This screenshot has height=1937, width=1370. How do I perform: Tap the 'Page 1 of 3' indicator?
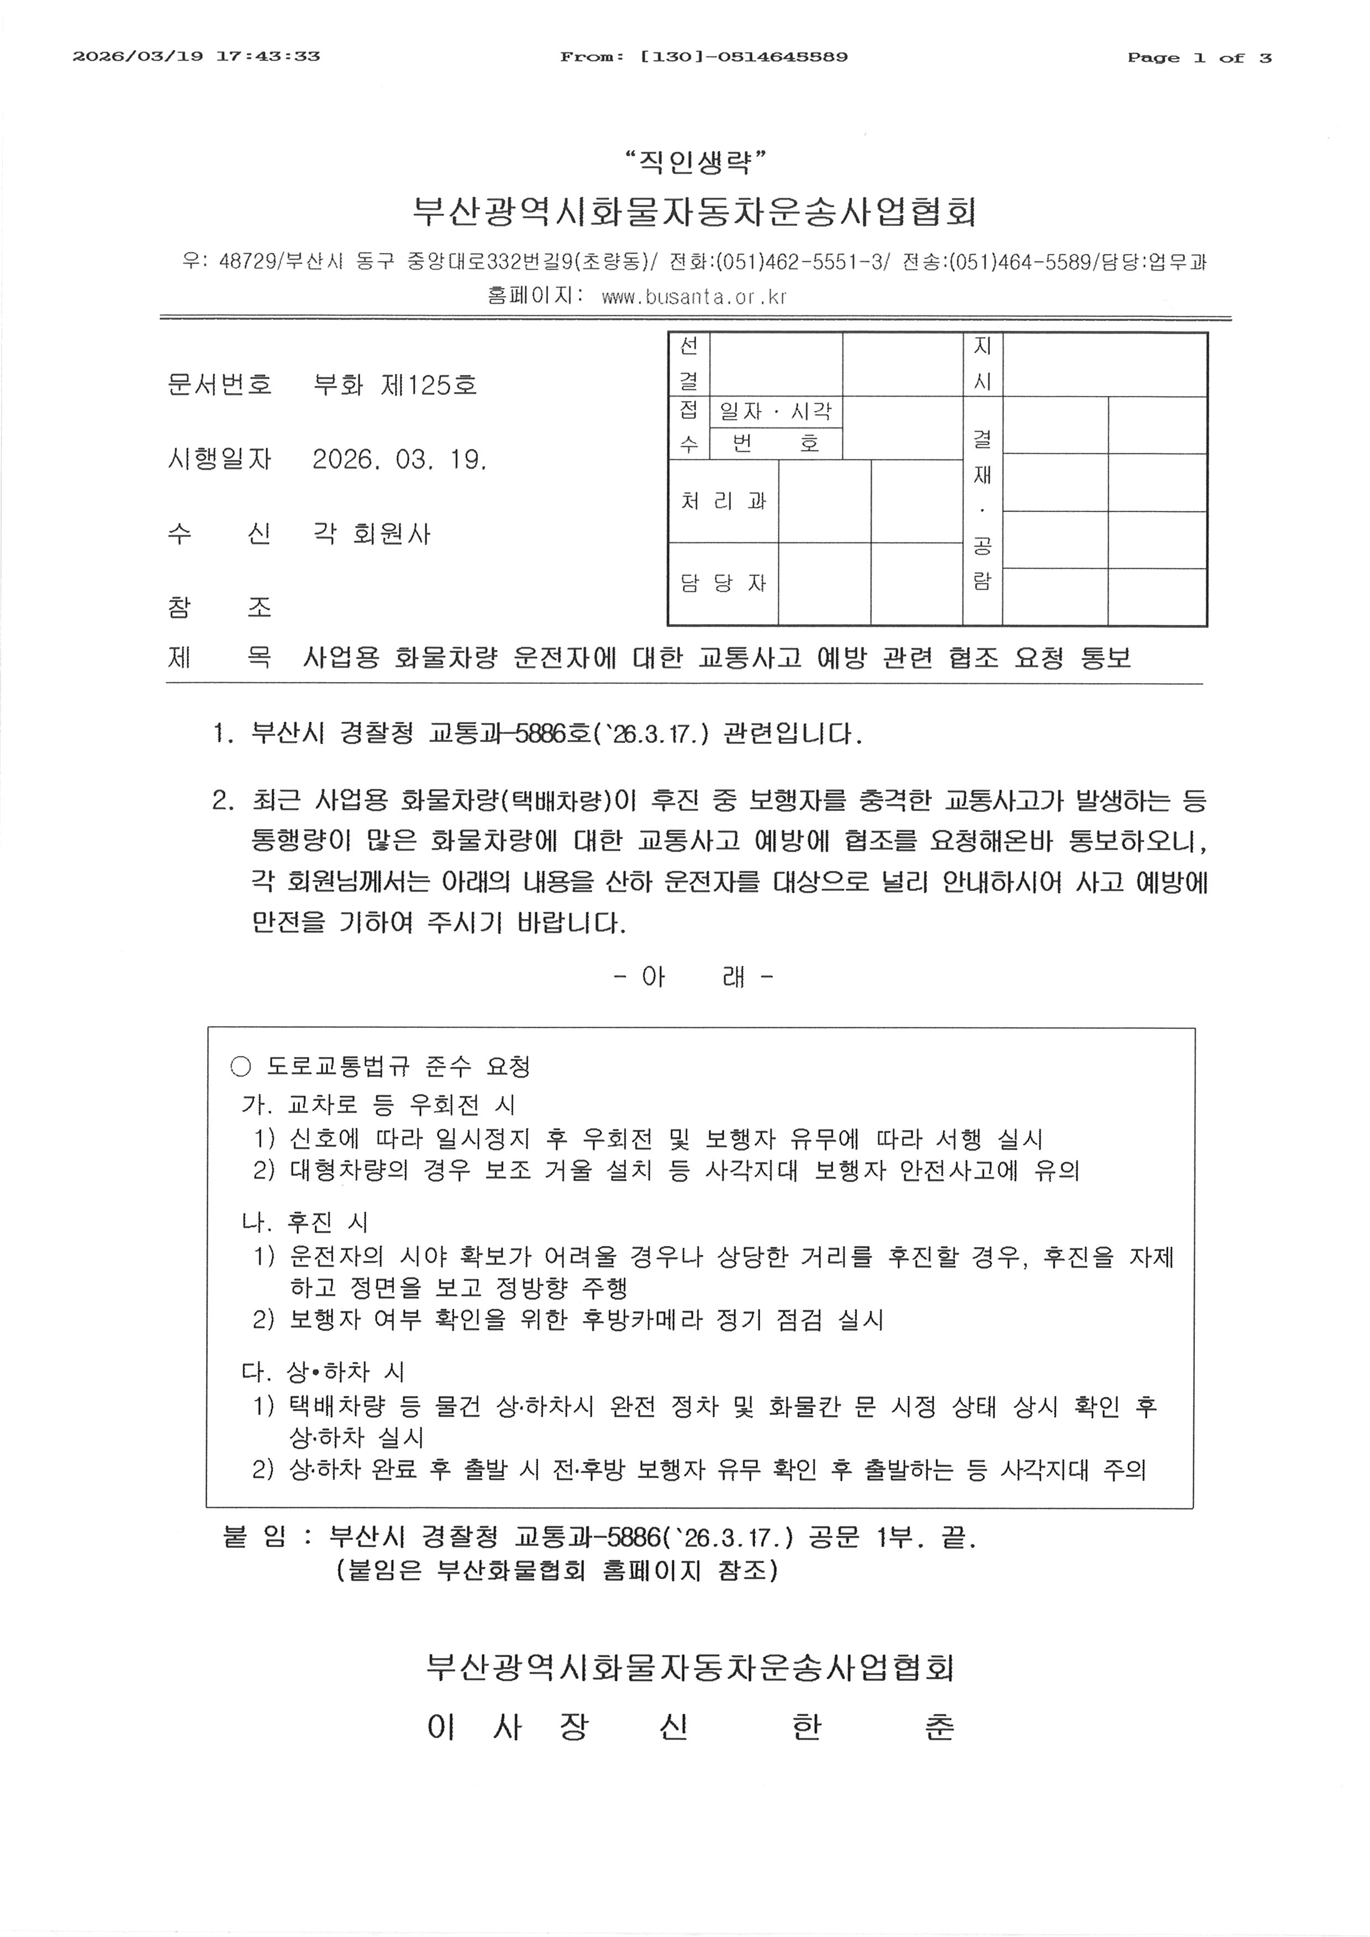point(1199,57)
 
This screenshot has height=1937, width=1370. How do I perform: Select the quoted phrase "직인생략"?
point(695,160)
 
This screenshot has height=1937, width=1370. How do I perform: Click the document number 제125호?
point(429,386)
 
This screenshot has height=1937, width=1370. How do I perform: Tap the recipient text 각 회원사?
point(371,534)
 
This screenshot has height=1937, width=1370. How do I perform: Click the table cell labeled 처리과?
point(723,501)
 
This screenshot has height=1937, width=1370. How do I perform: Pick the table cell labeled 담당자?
point(723,583)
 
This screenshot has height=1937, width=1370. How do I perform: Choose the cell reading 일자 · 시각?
point(775,411)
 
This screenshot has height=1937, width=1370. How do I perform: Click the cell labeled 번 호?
point(775,443)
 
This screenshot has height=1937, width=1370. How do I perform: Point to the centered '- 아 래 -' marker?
point(693,977)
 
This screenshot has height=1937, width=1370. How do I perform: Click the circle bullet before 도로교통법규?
point(240,1067)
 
